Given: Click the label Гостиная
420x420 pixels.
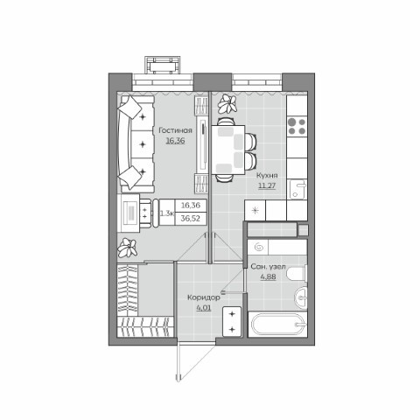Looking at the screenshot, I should pos(175,131).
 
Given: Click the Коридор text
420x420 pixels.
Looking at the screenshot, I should pos(203,297).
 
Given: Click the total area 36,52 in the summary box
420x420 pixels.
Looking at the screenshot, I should pos(190,218).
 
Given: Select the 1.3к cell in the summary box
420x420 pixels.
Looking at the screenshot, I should pos(166,212).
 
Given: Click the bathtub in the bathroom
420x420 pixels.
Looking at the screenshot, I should pos(277,325).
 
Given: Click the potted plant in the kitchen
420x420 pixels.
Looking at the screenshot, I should pos(228,106).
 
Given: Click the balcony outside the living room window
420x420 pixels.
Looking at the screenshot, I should pos(166,66).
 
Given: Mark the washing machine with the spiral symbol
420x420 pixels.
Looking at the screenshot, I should pos(260,248).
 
